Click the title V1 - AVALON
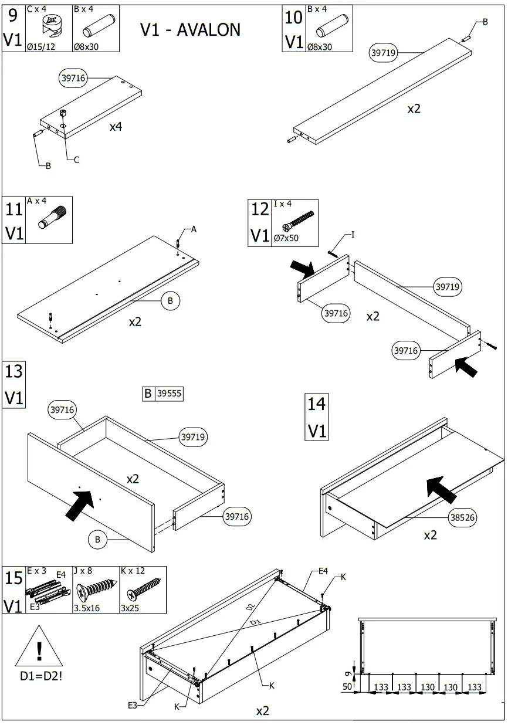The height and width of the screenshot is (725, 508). pyautogui.click(x=190, y=30)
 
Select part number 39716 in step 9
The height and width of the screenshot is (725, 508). pyautogui.click(x=74, y=77)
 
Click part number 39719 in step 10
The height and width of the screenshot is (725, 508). pyautogui.click(x=384, y=53)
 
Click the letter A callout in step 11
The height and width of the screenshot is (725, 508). pyautogui.click(x=194, y=230)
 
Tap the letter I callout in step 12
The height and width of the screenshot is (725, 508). pyautogui.click(x=353, y=235)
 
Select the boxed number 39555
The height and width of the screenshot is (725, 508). pyautogui.click(x=169, y=394)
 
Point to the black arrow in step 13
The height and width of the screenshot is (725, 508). pyautogui.click(x=81, y=504)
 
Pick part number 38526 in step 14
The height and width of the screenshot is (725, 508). pyautogui.click(x=463, y=517)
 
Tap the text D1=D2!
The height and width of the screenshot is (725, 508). pyautogui.click(x=40, y=676)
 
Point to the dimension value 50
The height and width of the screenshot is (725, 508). pyautogui.click(x=347, y=687)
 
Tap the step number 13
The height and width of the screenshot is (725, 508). pyautogui.click(x=14, y=371)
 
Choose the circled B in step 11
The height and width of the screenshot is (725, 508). pyautogui.click(x=170, y=301)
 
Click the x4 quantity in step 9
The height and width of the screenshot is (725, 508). pyautogui.click(x=116, y=126)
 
